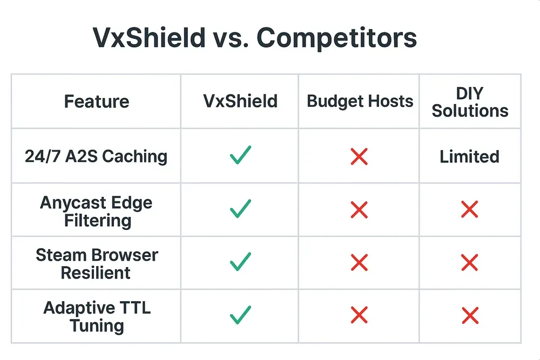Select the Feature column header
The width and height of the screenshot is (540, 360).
coord(97,101)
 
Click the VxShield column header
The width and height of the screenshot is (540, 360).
coord(240,101)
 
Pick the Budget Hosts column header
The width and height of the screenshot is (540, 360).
coord(360,101)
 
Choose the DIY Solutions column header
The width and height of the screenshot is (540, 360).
coord(470,101)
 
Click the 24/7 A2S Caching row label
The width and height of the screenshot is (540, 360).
coord(96,157)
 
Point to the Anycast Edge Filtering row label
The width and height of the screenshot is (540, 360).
coord(96,212)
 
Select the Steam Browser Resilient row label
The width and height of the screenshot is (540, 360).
coord(96,264)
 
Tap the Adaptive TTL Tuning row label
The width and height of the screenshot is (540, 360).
coord(96,317)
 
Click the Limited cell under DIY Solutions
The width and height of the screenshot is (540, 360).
coord(469,157)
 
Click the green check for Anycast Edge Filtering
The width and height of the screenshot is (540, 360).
coord(240,209)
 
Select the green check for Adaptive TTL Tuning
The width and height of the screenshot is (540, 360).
coord(240,315)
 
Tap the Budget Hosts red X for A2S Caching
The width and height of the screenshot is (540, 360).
coord(359,157)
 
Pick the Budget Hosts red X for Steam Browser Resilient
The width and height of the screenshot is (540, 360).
coord(359,263)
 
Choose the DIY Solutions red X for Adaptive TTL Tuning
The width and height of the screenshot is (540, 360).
coord(469,315)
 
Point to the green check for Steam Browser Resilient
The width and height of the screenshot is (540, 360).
coord(240,262)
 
